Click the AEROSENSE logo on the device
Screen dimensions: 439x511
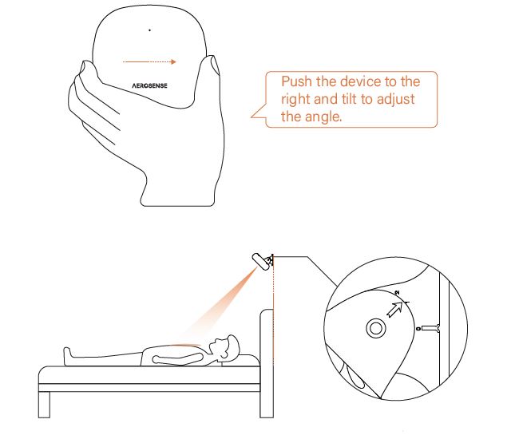pyautogui.click(x=149, y=83)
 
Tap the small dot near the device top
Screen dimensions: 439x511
pyautogui.click(x=149, y=30)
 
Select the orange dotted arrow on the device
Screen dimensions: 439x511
pyautogui.click(x=149, y=61)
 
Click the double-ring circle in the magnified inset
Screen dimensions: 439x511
pyautogui.click(x=374, y=327)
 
